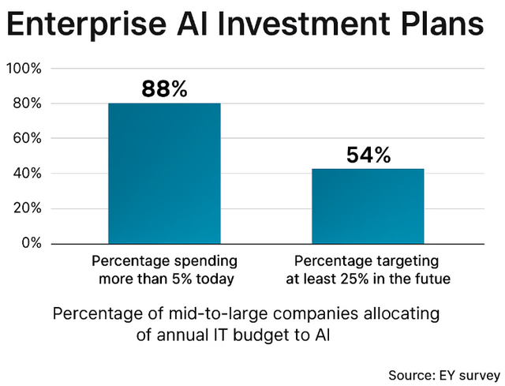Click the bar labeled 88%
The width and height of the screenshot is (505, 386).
pos(164,173)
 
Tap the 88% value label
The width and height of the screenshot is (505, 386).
pos(164,89)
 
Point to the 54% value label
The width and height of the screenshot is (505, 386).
pos(368,155)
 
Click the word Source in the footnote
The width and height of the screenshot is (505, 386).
pos(410,372)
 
